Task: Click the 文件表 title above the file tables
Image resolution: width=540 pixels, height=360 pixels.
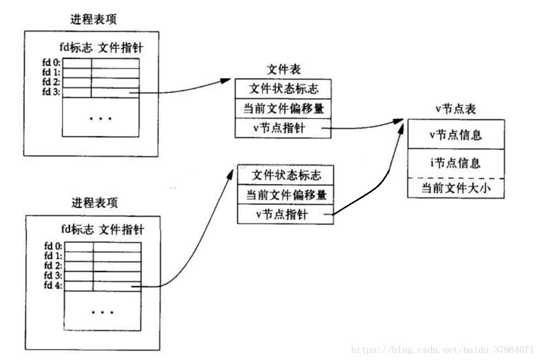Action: [x=283, y=70]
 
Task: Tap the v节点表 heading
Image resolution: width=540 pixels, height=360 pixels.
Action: [x=456, y=109]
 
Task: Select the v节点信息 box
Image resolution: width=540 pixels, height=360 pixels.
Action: [x=456, y=134]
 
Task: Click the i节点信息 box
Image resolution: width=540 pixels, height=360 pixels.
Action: [x=456, y=163]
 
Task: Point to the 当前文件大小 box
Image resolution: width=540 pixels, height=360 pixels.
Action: [x=456, y=188]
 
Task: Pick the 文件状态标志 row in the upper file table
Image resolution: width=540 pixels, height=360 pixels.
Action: [x=283, y=89]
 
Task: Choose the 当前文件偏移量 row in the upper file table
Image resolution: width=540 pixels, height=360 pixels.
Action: [x=283, y=108]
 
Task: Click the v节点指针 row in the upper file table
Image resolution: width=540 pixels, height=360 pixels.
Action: [x=283, y=128]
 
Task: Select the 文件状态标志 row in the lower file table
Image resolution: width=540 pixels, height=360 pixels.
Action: [x=286, y=175]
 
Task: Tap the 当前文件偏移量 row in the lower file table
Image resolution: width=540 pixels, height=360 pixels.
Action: [x=286, y=195]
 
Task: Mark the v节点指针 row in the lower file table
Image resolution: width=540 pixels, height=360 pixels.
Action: [x=286, y=214]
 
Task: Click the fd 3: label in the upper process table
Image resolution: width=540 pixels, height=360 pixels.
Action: [x=51, y=92]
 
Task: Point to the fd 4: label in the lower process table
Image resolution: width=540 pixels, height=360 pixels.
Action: [x=53, y=285]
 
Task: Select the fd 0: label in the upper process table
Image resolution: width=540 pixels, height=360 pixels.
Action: [x=51, y=62]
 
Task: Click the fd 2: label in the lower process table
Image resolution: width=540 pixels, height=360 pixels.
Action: [x=53, y=266]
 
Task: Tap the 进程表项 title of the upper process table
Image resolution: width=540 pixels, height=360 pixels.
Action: [x=94, y=19]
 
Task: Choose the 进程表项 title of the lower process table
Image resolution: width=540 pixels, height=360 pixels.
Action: [x=95, y=203]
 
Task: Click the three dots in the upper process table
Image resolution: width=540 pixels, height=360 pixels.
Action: [x=101, y=119]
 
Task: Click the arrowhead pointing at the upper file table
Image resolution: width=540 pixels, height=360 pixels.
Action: [x=225, y=81]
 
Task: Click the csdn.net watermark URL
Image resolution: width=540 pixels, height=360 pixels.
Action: [x=443, y=350]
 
